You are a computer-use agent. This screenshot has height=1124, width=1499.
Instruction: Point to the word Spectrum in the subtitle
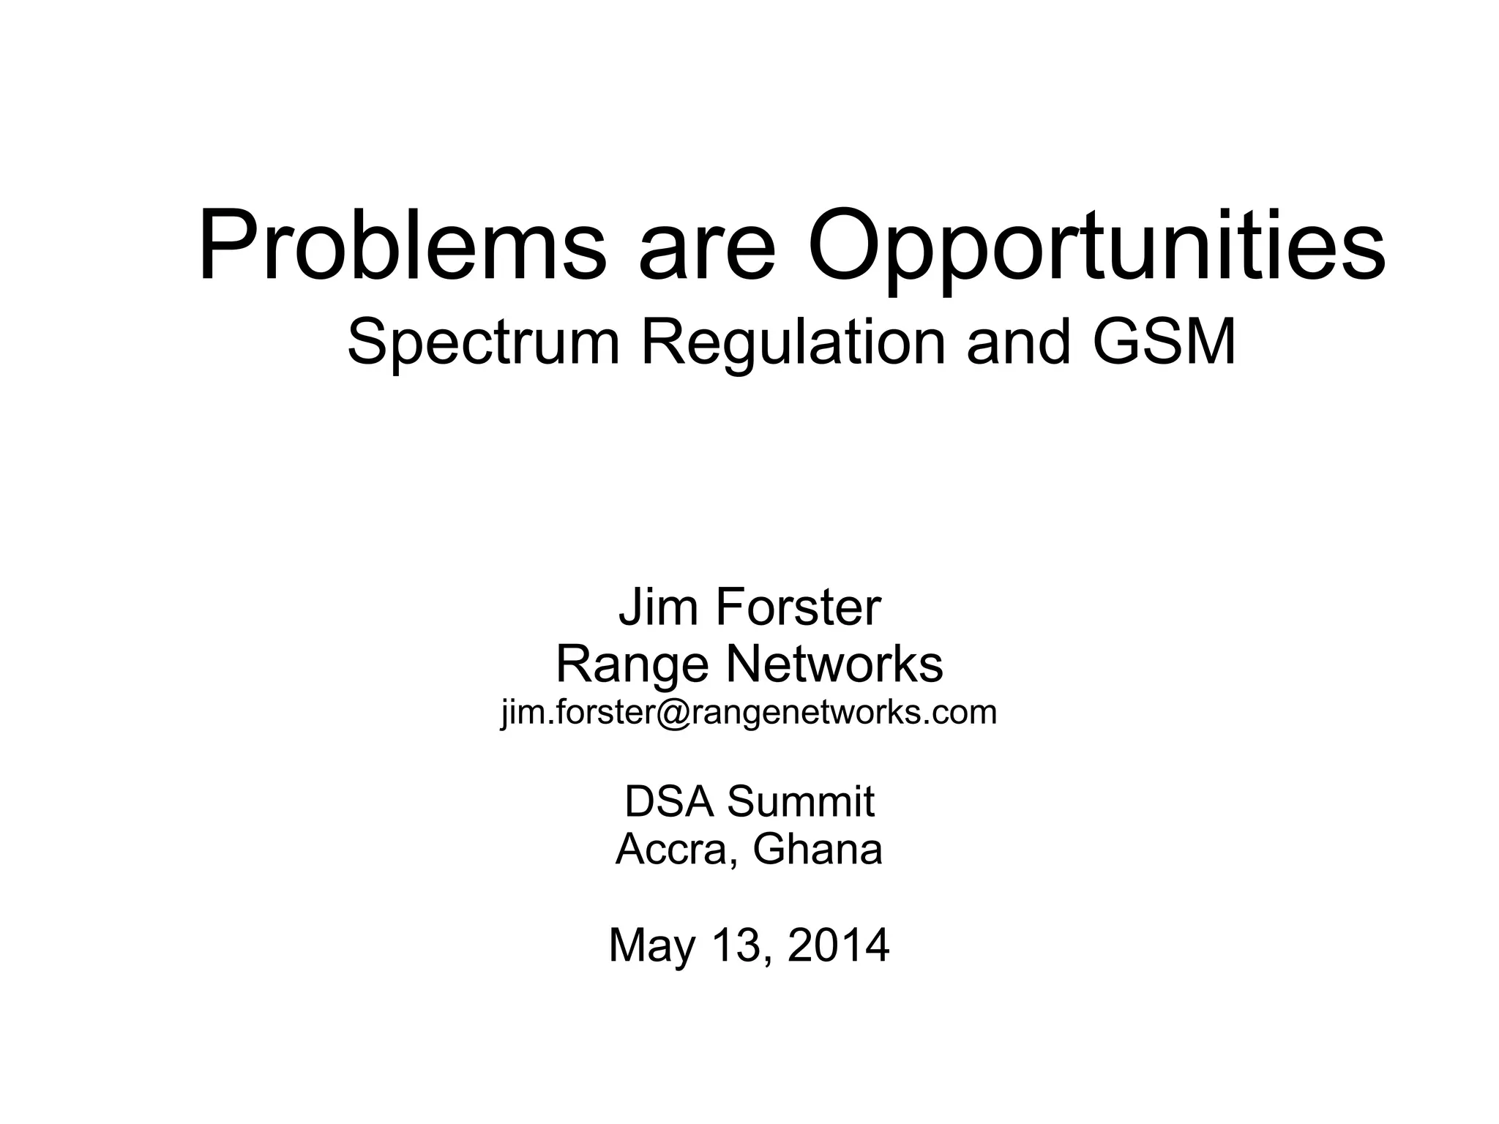[484, 343]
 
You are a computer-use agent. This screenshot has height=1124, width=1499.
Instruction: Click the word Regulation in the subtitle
[793, 343]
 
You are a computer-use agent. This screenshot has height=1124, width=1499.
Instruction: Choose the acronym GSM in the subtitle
[1164, 342]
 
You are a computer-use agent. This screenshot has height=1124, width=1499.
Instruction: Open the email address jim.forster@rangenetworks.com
[749, 712]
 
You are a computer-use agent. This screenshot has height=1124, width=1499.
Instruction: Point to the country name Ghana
[818, 849]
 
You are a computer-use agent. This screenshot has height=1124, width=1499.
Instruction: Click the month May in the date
[651, 945]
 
